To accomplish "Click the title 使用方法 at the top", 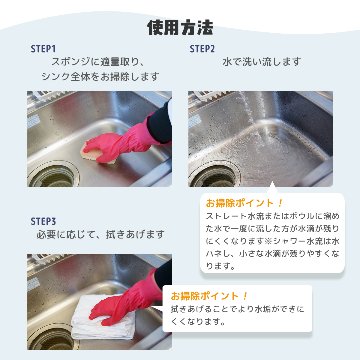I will (179, 25).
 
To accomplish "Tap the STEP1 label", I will (43, 48).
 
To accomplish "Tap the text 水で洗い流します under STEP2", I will (261, 62).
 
